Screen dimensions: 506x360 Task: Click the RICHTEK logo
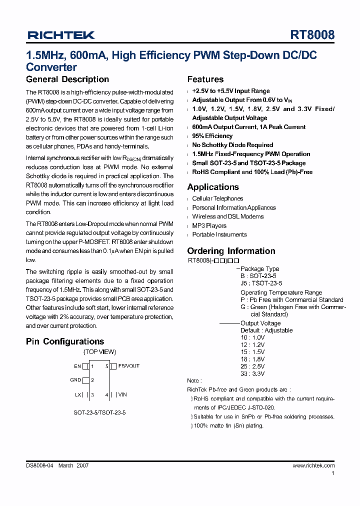coord(61,35)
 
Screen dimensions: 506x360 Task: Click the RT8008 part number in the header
coord(312,35)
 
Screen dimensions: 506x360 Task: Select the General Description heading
coord(67,79)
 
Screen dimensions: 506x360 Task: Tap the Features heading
coord(205,79)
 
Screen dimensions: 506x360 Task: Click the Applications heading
coord(213,187)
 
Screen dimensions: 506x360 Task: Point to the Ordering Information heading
coord(231,251)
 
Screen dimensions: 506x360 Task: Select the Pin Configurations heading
coord(65,341)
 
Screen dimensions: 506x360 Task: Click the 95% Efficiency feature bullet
coord(212,136)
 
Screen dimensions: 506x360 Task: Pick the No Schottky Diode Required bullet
coord(232,145)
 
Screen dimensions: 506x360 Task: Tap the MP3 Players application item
coord(209,225)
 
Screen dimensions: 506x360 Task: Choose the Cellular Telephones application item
coord(217,198)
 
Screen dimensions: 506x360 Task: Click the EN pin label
coord(77,366)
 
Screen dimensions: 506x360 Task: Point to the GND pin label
coord(75,380)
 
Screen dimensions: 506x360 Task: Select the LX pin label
coord(77,394)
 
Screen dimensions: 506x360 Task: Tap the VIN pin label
coord(122,394)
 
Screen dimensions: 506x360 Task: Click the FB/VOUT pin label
coord(129,366)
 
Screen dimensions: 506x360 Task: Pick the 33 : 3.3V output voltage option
coord(252,373)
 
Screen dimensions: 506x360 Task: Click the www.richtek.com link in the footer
coord(313,465)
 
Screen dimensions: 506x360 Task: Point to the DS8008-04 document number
coord(40,465)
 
